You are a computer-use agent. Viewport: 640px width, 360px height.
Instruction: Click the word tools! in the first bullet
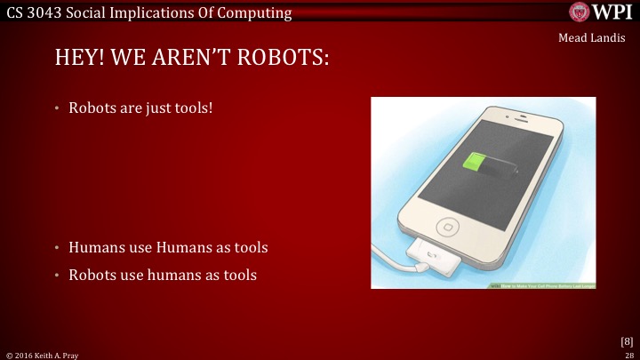tap(194, 109)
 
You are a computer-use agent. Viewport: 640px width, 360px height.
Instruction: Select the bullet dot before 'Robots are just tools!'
tap(57, 109)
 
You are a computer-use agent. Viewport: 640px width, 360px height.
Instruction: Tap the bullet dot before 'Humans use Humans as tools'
tap(57, 247)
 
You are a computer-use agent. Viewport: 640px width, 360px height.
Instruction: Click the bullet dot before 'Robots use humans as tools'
tap(57, 276)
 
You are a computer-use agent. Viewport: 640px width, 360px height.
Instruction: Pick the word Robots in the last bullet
tap(93, 276)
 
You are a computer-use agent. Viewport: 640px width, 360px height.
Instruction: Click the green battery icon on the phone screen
tap(477, 164)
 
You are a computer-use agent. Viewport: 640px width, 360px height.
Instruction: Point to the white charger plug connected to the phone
tap(430, 257)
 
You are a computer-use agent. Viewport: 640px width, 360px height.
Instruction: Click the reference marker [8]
tap(626, 340)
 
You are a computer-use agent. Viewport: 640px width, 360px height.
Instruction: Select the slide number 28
tap(628, 355)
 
